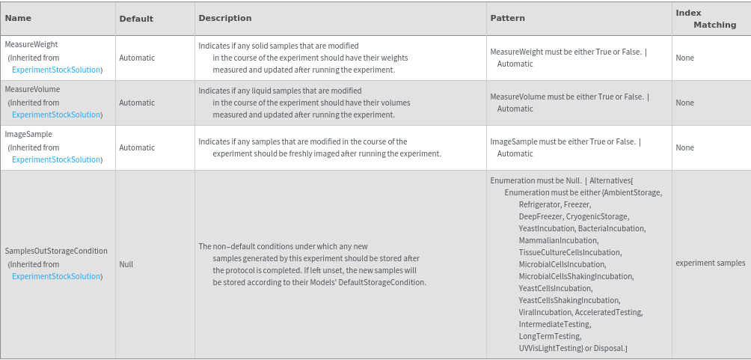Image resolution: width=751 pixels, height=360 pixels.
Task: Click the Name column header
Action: (x=18, y=18)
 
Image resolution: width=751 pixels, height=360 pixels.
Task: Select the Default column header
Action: (x=136, y=19)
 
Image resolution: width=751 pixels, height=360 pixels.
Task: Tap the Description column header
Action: (x=224, y=18)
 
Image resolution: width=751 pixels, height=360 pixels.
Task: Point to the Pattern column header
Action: (x=507, y=18)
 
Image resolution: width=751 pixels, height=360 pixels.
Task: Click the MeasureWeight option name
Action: (x=31, y=45)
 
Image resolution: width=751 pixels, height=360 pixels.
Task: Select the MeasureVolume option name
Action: (x=32, y=90)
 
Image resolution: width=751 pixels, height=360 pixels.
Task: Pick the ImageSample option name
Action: (x=28, y=135)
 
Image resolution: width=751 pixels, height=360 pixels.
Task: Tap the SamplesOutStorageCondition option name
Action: (x=56, y=251)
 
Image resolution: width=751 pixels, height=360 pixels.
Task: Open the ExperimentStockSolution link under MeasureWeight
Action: (x=57, y=70)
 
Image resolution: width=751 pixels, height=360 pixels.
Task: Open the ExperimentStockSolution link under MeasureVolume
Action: (x=57, y=115)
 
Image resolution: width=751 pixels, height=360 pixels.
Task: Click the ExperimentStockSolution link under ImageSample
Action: (x=57, y=159)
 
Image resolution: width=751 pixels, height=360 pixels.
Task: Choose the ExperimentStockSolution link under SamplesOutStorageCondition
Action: (x=57, y=276)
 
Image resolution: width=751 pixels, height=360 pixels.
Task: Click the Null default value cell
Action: (x=126, y=264)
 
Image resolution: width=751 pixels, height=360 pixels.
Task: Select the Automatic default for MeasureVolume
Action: (x=137, y=103)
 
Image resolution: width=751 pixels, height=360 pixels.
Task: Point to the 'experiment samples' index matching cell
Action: (x=710, y=263)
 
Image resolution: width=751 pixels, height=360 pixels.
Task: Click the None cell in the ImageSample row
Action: (x=684, y=148)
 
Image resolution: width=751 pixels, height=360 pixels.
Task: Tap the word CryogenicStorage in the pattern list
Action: (x=596, y=216)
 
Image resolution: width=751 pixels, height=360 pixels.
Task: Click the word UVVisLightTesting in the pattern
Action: (x=550, y=348)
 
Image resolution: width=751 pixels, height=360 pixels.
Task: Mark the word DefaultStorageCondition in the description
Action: (x=381, y=282)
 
